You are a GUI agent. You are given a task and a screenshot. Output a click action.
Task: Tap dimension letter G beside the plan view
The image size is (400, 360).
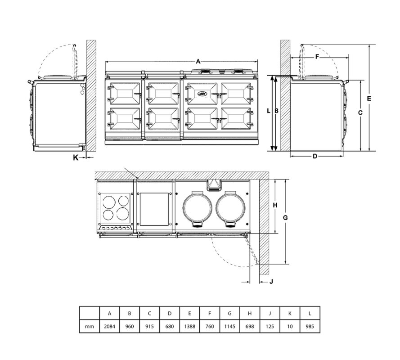[x=285, y=217]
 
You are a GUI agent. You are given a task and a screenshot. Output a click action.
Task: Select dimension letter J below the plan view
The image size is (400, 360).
[x=271, y=282]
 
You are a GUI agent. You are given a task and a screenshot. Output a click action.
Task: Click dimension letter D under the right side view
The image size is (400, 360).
[x=315, y=156]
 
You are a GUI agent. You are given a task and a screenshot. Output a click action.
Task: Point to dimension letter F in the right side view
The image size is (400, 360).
[x=317, y=57]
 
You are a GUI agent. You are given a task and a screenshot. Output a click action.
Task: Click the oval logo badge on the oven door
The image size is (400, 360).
[x=202, y=94]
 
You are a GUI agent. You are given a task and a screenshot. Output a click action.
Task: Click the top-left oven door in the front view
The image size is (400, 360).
[x=124, y=94]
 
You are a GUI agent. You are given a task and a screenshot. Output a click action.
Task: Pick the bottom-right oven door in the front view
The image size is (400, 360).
[x=237, y=119]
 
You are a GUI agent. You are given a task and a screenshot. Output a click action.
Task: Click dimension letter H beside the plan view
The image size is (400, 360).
[x=275, y=205]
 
